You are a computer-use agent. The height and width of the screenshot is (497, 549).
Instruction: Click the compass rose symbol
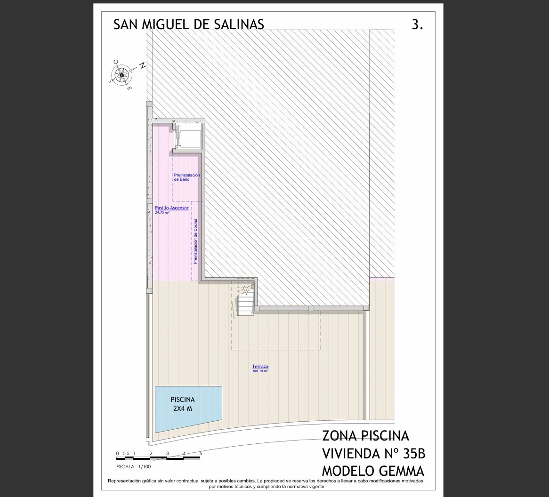pos(121,74)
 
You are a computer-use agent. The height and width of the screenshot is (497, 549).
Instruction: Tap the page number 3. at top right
pos(417,25)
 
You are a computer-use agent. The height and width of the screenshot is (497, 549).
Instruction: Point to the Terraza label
pos(260,367)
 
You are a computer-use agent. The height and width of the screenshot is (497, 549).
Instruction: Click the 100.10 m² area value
pos(260,371)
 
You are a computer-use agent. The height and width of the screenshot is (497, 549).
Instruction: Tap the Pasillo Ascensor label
pos(171,208)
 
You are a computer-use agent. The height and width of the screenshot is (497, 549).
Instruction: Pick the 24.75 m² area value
pos(162,212)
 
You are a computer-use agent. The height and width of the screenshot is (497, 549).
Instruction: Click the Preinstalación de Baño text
pos(186,177)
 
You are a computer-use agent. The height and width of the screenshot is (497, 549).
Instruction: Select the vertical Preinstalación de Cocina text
pos(195,241)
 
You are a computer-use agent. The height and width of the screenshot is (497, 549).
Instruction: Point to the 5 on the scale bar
pos(201,454)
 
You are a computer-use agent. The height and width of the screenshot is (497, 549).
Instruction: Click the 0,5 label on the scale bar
pos(126,454)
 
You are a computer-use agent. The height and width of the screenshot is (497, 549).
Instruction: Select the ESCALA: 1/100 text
pos(133,467)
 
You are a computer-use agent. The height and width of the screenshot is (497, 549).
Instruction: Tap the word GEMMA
pos(400,471)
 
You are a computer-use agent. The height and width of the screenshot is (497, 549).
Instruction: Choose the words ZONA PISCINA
pos(365,436)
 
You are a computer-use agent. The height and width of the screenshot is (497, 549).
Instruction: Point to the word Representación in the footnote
pos(125,481)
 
